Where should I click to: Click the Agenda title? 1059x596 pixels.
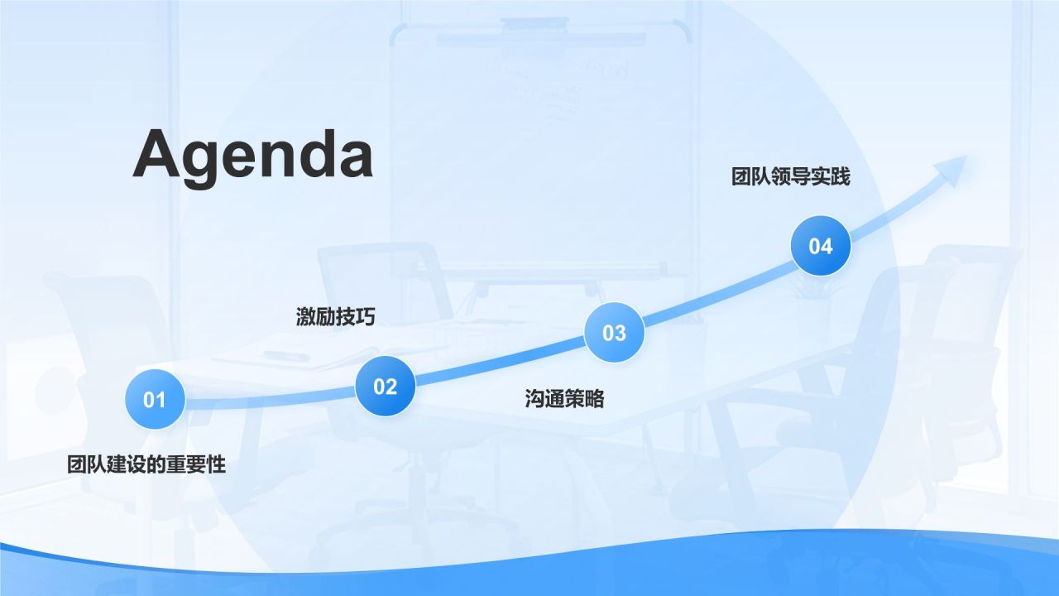(252, 156)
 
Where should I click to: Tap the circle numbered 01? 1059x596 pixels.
(155, 400)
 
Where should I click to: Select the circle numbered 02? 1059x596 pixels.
(385, 387)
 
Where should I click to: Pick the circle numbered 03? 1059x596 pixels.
(614, 333)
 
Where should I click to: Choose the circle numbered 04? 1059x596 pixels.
(820, 246)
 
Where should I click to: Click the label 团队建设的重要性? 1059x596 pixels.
(146, 464)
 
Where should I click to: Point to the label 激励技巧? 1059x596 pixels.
(335, 316)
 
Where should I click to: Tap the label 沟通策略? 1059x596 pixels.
(564, 399)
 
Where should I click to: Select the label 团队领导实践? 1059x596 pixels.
(790, 176)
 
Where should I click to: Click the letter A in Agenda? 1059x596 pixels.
(158, 154)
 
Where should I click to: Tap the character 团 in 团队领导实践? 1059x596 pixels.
(740, 176)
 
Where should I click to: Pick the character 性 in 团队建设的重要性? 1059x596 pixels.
(216, 464)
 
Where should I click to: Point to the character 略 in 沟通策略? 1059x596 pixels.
(594, 399)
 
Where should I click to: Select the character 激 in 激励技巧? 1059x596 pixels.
(306, 316)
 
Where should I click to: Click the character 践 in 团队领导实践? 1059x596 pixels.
(840, 176)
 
